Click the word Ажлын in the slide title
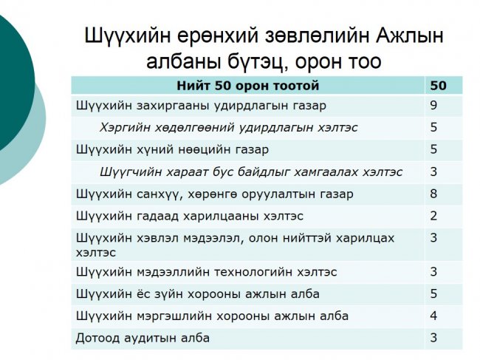click(410, 35)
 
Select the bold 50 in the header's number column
click(438, 85)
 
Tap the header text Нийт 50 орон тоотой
click(248, 85)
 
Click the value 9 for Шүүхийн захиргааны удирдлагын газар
click(433, 106)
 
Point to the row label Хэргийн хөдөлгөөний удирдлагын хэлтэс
click(229, 127)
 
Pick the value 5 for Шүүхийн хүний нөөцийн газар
click(433, 149)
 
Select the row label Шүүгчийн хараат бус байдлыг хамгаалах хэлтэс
click(251, 172)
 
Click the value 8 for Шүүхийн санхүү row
click(433, 194)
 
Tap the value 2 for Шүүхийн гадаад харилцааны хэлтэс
click(433, 216)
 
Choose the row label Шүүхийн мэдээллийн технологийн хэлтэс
click(206, 272)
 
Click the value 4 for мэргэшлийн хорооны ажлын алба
click(433, 316)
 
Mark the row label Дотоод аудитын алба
click(143, 338)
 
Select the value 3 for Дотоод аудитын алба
click(433, 338)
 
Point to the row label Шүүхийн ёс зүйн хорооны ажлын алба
click(198, 293)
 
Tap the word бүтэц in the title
click(257, 61)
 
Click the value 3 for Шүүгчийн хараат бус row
click(433, 171)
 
